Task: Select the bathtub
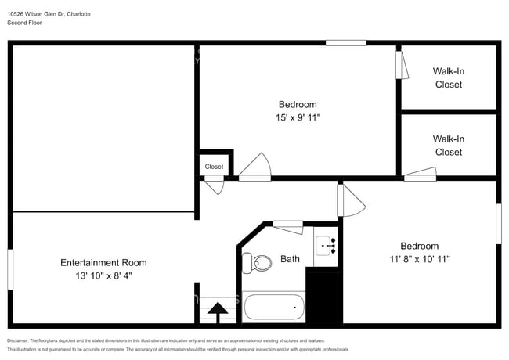pyautogui.click(x=273, y=306)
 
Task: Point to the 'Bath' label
pyautogui.click(x=290, y=259)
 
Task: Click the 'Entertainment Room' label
pyautogui.click(x=103, y=263)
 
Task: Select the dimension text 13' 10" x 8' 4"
pyautogui.click(x=103, y=276)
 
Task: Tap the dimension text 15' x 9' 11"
pyautogui.click(x=298, y=117)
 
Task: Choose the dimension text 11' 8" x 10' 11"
pyautogui.click(x=420, y=259)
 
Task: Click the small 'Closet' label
pyautogui.click(x=214, y=167)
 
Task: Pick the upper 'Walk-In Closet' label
pyautogui.click(x=449, y=77)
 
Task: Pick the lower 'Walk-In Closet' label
pyautogui.click(x=449, y=146)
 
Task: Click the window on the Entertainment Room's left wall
pyautogui.click(x=10, y=270)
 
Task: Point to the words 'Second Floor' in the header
pyautogui.click(x=24, y=23)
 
